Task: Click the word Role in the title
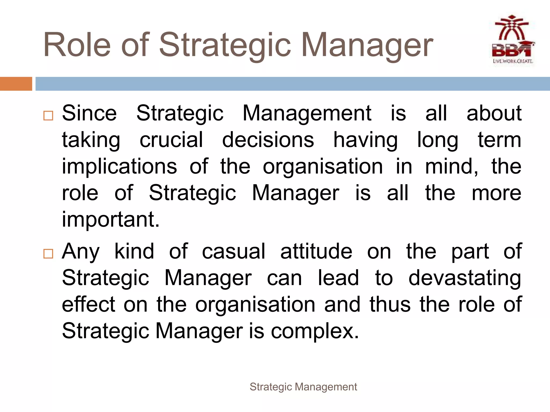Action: coord(77,45)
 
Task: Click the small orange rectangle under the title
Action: coord(16,84)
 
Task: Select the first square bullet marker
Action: coord(48,116)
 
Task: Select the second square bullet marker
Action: coord(48,253)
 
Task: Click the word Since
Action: coord(89,113)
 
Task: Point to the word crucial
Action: coord(171,140)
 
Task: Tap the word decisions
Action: coord(268,140)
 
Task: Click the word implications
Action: coord(120,166)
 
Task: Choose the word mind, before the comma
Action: coord(451,166)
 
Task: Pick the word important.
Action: coord(111,219)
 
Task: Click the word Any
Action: coord(81,252)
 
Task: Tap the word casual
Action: coord(234,252)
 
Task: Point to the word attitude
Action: coord(316,252)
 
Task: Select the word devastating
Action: coord(465,278)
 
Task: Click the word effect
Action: coord(89,304)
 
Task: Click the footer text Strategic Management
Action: coord(303,387)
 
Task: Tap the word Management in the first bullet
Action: coord(307,113)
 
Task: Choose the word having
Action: coord(366,140)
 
